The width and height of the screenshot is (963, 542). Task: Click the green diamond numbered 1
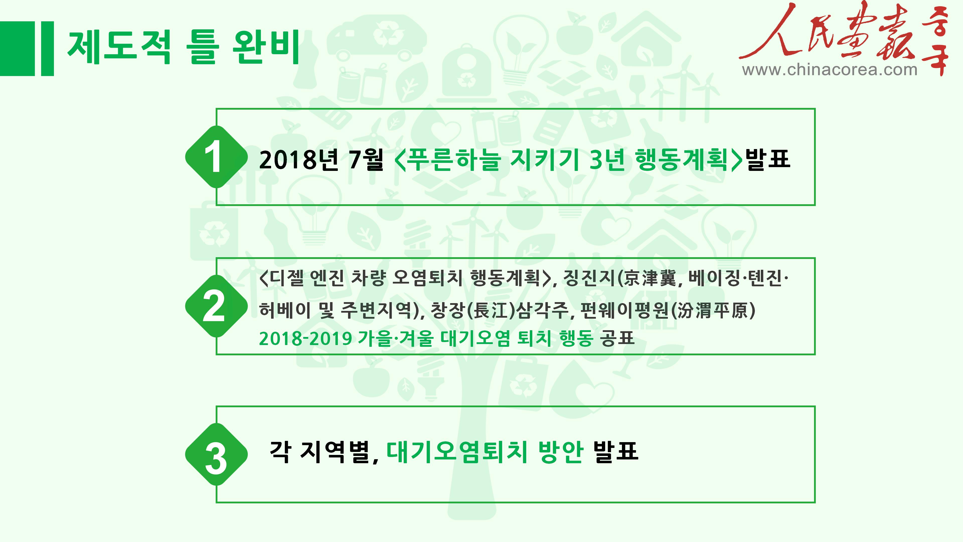tap(216, 157)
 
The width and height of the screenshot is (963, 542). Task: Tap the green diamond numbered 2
tap(216, 306)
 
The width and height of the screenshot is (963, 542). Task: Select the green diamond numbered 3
tap(216, 454)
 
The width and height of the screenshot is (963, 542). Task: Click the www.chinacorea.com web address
tap(830, 70)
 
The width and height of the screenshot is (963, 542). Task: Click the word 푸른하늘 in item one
tap(453, 159)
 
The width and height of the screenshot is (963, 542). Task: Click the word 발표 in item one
tap(768, 159)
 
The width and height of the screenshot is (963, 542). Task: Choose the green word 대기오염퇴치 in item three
tap(457, 452)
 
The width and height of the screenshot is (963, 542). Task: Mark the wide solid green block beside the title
tap(18, 49)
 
